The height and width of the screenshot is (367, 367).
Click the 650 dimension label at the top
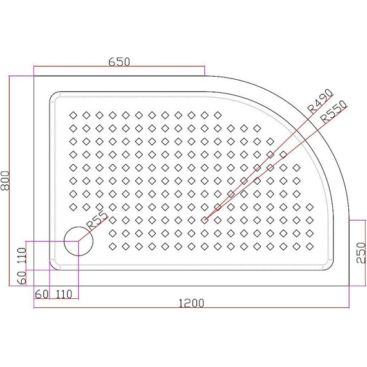point(120,62)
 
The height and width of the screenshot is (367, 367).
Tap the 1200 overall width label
point(192,303)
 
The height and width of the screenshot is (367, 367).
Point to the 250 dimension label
point(361,252)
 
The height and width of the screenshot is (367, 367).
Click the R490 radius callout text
point(319,101)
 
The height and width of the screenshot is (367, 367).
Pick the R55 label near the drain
point(97,220)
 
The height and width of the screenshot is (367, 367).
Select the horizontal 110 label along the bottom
point(63,294)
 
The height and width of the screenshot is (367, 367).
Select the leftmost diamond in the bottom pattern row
point(113,246)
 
